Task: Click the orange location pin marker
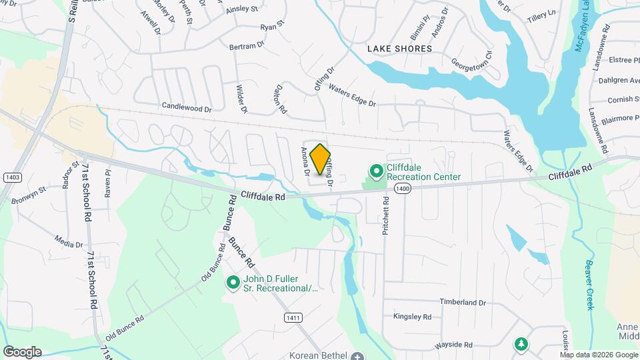(x=321, y=159)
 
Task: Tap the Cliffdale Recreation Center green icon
(x=376, y=172)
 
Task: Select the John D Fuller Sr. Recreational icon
(x=233, y=283)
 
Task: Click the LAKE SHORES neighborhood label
(x=399, y=49)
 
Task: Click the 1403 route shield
(x=11, y=177)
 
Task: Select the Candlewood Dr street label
(x=186, y=107)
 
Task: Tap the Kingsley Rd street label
(x=412, y=317)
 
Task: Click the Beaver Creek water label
(x=589, y=285)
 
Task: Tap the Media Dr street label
(x=69, y=243)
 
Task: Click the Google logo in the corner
(x=22, y=352)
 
